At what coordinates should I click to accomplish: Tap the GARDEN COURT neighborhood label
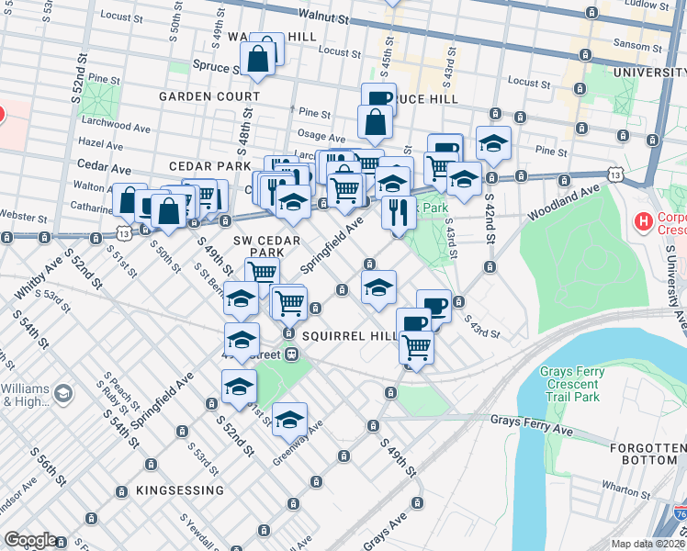[x=209, y=96]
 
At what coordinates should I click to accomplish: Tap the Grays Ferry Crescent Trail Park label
[x=569, y=385]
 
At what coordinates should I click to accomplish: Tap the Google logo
[x=30, y=540]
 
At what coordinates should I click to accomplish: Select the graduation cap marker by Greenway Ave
[x=289, y=419]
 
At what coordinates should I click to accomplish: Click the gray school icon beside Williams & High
[x=62, y=394]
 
